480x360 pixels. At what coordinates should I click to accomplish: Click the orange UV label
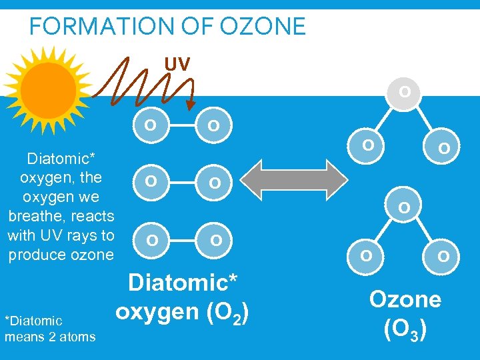[x=177, y=64]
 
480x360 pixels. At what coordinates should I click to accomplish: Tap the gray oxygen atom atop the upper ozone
[x=404, y=91]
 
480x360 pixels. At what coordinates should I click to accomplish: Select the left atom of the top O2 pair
[x=152, y=125]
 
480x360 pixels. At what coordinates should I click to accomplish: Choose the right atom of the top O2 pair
[x=213, y=125]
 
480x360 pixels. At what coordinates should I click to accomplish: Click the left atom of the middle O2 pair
[x=152, y=181]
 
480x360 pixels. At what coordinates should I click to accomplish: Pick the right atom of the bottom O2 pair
[x=216, y=239]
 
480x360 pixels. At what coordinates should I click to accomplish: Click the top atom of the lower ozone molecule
[x=404, y=209]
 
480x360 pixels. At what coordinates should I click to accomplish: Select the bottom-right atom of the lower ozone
[x=443, y=255]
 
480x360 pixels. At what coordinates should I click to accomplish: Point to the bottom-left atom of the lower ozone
[x=365, y=255]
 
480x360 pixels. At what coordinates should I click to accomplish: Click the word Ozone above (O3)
[x=405, y=299]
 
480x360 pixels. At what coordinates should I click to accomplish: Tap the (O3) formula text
[x=405, y=329]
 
